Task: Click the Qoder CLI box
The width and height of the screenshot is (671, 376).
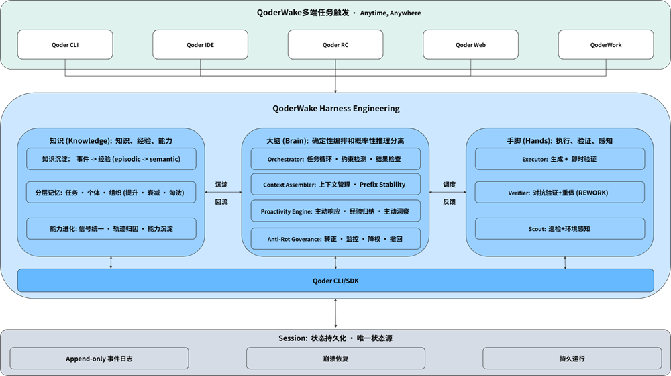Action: (65, 45)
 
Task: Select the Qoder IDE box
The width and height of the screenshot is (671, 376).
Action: (200, 45)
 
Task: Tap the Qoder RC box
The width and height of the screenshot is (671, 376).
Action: (335, 45)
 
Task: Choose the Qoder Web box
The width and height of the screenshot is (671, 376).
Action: (470, 45)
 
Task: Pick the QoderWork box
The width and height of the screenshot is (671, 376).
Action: (606, 45)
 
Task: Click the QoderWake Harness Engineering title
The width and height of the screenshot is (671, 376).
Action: (335, 108)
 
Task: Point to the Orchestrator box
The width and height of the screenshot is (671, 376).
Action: (335, 159)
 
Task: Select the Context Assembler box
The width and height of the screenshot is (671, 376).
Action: (335, 185)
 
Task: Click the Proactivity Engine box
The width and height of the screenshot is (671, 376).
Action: (335, 211)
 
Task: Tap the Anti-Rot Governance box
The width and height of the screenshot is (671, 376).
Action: (335, 238)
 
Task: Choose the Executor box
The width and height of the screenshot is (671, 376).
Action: (560, 159)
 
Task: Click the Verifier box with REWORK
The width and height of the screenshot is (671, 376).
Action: (560, 193)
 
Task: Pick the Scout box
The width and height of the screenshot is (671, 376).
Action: (560, 228)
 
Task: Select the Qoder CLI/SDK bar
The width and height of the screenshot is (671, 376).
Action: (335, 281)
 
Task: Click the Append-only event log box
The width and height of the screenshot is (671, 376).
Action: (99, 359)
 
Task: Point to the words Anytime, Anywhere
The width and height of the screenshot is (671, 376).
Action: (391, 13)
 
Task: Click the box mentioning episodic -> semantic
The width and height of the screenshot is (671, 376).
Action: (111, 159)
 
